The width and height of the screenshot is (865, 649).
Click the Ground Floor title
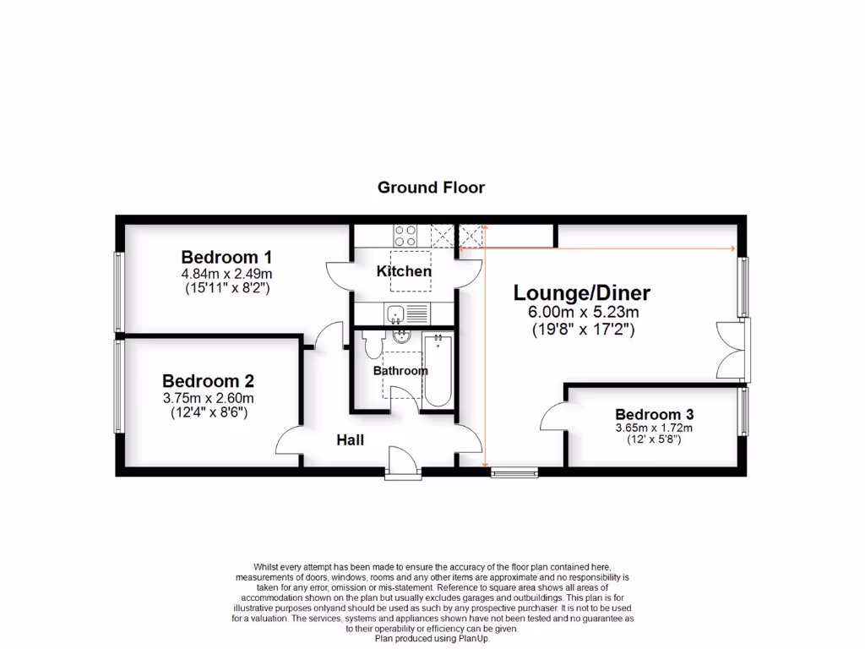[431, 188]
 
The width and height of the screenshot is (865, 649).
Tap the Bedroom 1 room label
[226, 257]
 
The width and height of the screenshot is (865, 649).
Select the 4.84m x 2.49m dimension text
[226, 274]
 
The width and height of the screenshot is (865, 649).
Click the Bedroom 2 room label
[208, 381]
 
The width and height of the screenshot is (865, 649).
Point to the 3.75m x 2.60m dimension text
[208, 398]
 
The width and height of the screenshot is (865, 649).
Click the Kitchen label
[404, 271]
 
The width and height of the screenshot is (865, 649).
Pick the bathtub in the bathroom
[437, 369]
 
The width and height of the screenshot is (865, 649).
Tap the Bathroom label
[400, 370]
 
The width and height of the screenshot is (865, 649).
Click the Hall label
[350, 439]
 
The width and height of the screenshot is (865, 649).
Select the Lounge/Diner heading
[582, 293]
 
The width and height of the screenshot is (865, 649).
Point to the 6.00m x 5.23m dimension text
[582, 312]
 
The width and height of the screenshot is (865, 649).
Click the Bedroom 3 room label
[654, 414]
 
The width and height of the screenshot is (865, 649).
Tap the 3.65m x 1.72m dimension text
[654, 428]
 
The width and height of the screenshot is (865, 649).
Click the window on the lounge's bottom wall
[514, 472]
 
